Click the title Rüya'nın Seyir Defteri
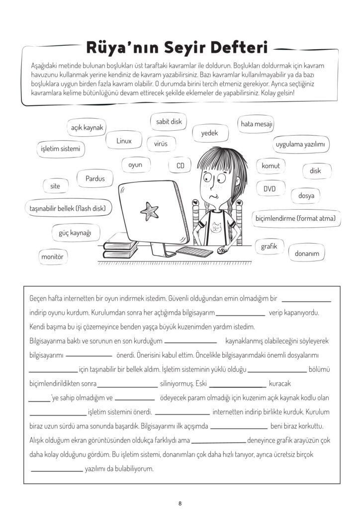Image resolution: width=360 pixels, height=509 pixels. (x=177, y=48)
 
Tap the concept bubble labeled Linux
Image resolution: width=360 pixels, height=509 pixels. (x=124, y=141)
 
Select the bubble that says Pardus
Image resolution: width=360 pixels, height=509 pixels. (x=95, y=178)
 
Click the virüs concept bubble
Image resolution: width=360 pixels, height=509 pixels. (x=161, y=144)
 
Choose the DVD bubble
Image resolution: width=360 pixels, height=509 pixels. (x=269, y=189)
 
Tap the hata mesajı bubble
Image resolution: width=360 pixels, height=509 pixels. (x=257, y=124)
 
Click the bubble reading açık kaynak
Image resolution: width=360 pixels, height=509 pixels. (x=87, y=128)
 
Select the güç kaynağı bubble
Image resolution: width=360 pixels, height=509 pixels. (x=76, y=232)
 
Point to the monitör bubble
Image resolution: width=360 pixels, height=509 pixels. (x=54, y=256)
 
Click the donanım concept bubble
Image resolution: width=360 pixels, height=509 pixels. (x=306, y=253)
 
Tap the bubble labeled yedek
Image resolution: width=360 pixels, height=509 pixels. (x=209, y=133)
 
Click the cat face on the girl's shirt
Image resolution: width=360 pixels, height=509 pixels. (x=217, y=229)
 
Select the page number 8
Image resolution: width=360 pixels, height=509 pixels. (x=180, y=503)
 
